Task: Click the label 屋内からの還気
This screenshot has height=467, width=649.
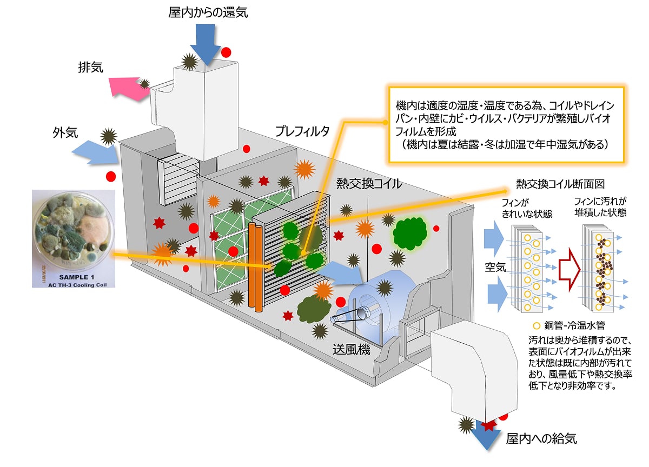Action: click(x=208, y=12)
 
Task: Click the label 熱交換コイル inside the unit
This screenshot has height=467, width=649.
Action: click(x=369, y=183)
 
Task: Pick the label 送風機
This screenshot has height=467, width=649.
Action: click(x=352, y=350)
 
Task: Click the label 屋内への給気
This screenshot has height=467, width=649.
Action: click(x=541, y=438)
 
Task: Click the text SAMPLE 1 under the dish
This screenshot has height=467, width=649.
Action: click(x=72, y=276)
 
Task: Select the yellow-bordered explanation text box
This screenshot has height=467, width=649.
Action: click(x=507, y=124)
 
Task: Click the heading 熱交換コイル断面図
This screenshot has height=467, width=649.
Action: click(x=560, y=184)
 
